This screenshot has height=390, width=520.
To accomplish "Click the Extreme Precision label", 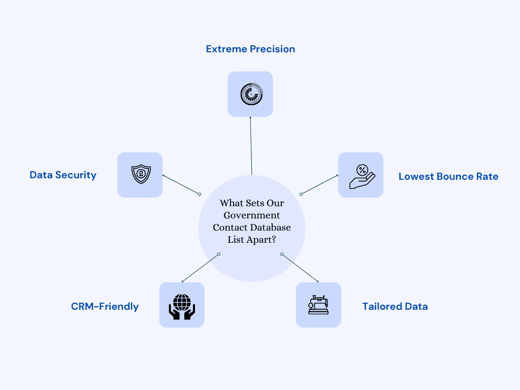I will [x=250, y=49].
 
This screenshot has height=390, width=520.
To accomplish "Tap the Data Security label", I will [x=63, y=175].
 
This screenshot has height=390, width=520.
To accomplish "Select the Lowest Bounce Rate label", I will [x=448, y=177].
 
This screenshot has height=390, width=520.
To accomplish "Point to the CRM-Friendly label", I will [x=105, y=307].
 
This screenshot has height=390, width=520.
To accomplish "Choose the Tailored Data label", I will [x=395, y=307].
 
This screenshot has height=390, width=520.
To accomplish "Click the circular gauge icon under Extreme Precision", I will [x=250, y=94].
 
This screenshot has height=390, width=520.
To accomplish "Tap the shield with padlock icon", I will [x=140, y=175].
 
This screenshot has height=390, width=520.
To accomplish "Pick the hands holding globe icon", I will [x=182, y=305].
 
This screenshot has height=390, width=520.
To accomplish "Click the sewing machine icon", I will [x=318, y=305].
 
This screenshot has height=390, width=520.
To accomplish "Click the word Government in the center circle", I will [x=252, y=215].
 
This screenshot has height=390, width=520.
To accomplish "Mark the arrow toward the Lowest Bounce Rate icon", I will [x=319, y=184].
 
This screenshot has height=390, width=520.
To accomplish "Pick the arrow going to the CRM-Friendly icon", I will [x=200, y=268].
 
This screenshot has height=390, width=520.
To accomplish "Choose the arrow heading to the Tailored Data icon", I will [x=300, y=268].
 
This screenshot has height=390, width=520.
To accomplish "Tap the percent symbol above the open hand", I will [x=362, y=170].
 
